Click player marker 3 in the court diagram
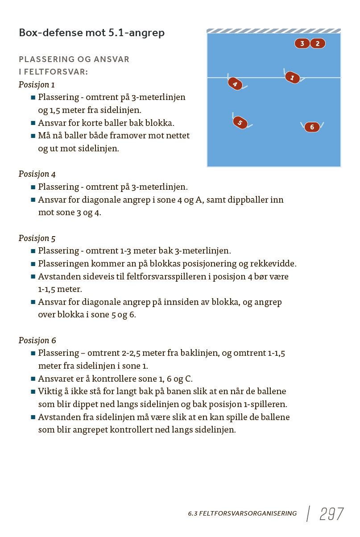click(x=302, y=43)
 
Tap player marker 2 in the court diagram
click(x=318, y=43)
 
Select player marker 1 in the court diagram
click(x=292, y=78)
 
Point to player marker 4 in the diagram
click(x=235, y=84)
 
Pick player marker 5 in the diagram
click(x=240, y=123)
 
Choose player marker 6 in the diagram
click(x=312, y=127)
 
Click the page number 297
click(x=331, y=514)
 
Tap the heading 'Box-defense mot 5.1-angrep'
click(x=91, y=33)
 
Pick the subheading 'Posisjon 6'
click(x=37, y=340)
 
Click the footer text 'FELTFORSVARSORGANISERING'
click(x=248, y=514)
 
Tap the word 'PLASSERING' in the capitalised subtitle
click(x=43, y=59)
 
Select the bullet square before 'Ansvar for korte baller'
click(x=33, y=123)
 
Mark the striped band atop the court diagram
click(x=273, y=31)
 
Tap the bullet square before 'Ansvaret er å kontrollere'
click(x=33, y=379)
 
